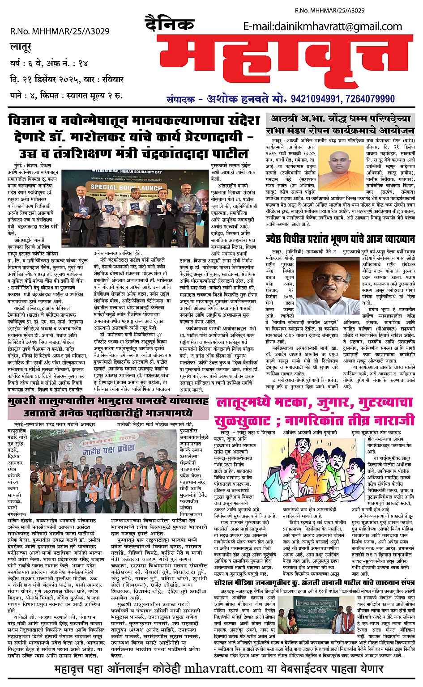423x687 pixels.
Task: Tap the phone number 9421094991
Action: [x=317, y=98]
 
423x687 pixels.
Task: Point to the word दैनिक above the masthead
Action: [x=170, y=23]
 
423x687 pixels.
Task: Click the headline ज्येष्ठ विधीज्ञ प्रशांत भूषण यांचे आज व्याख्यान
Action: [x=340, y=239]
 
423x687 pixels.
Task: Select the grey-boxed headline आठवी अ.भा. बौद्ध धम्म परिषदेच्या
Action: [x=339, y=119]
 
